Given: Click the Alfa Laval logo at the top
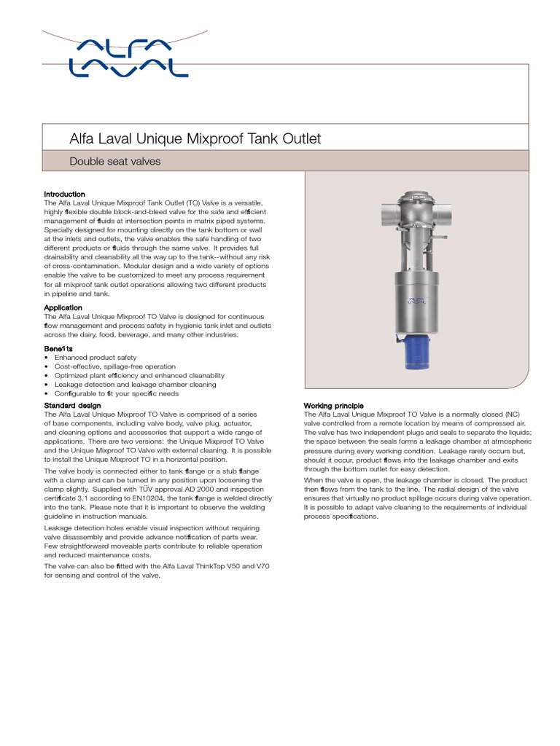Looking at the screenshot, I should [128, 58].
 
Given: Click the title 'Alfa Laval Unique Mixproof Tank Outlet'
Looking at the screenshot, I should [195, 138].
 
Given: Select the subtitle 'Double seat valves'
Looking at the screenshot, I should [114, 161].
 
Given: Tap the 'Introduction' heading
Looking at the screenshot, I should [65, 195].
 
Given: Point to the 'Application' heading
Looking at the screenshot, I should [63, 308].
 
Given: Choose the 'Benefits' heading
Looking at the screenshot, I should [58, 349].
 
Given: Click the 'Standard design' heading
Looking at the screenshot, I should [72, 405].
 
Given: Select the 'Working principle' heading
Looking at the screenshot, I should [333, 406].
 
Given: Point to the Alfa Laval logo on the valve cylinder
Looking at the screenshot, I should [415, 299].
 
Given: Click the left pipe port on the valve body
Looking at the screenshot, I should [387, 216].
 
